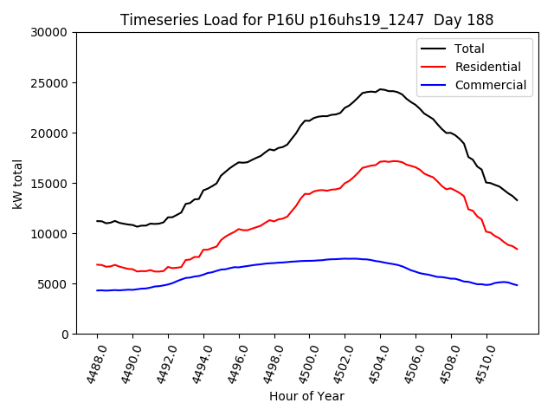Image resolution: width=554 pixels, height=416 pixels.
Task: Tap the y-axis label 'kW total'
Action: pos(18,183)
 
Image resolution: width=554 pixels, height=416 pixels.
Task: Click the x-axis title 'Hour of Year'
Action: pos(306,396)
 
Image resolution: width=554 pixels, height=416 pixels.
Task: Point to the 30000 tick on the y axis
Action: pos(49,33)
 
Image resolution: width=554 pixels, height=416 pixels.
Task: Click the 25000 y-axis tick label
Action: pos(49,83)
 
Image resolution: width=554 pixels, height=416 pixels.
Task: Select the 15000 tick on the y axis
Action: pos(49,184)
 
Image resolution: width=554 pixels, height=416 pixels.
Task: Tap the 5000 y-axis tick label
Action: pos(53,284)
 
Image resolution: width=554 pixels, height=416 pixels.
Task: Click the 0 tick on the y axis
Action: pos(64,335)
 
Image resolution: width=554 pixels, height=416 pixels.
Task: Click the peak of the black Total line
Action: pos(381,89)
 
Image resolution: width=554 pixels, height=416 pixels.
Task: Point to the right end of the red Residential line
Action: pos(518,250)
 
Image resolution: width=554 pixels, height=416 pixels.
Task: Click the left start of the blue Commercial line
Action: pos(97,290)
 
